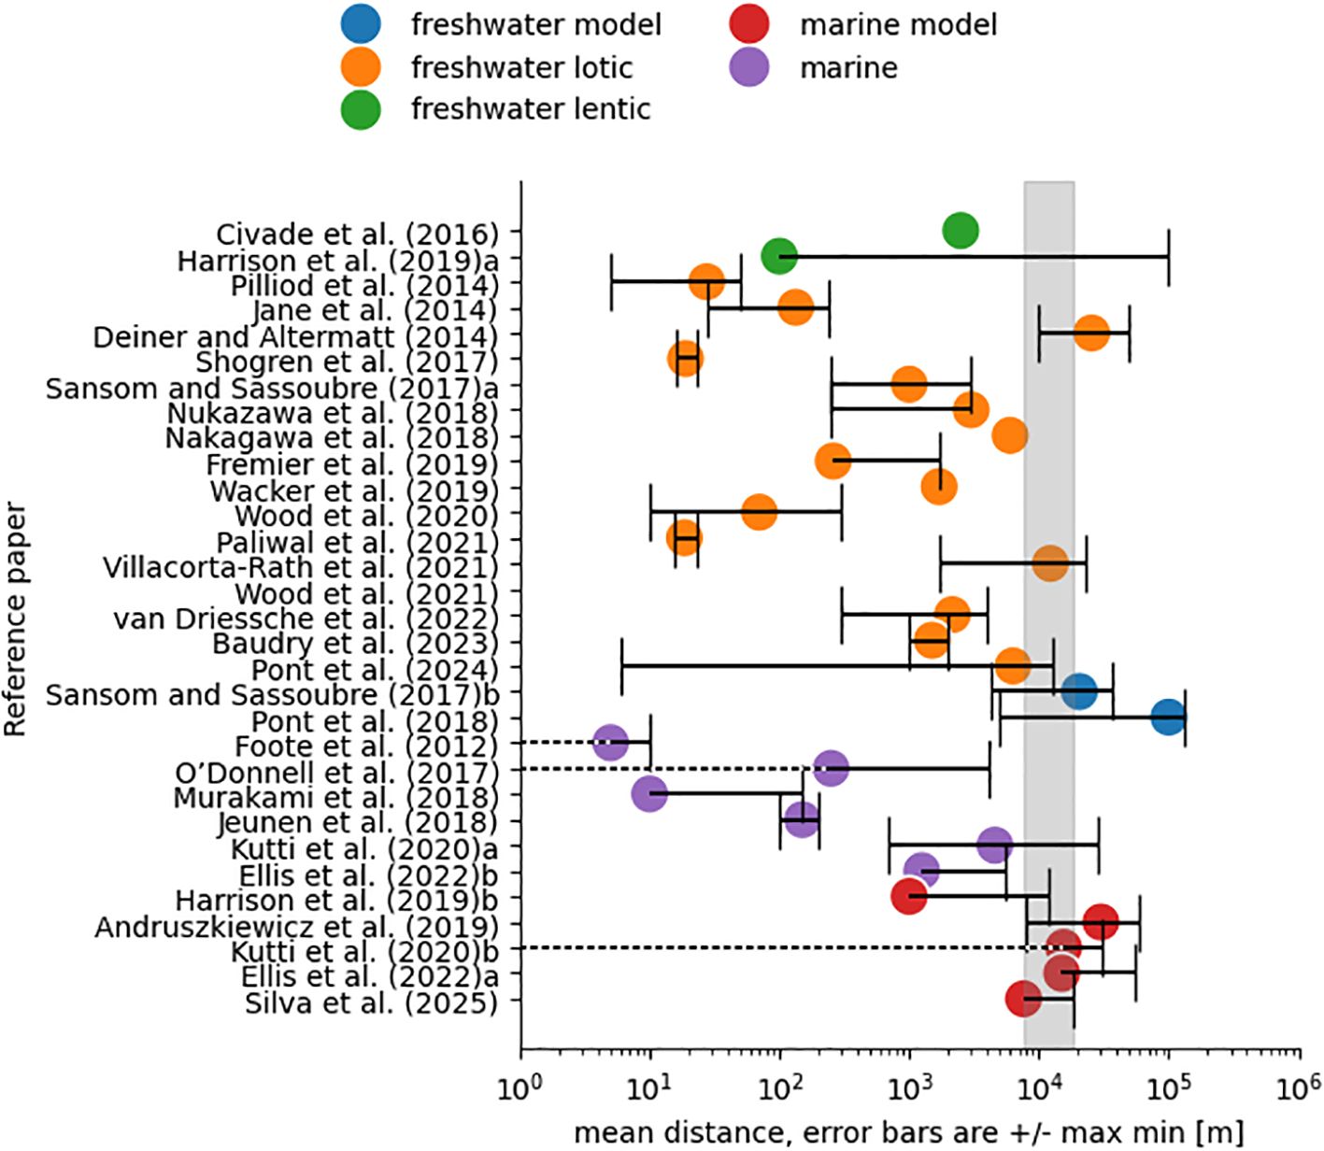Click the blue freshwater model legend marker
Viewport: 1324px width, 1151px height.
point(360,24)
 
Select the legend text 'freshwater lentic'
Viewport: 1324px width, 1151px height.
point(530,109)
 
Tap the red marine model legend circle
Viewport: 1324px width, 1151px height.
point(749,24)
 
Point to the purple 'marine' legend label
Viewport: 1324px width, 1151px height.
point(848,67)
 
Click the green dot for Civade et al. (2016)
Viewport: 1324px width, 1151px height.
point(961,230)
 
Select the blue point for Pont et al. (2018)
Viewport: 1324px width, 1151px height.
point(1168,718)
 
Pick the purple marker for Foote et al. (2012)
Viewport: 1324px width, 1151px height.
point(610,743)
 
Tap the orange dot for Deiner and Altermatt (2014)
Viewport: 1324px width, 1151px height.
point(1090,333)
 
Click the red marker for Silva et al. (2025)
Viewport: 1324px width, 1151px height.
point(1024,999)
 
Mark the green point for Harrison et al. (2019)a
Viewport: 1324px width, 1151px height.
point(778,255)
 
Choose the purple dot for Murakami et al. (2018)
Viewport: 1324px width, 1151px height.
point(649,794)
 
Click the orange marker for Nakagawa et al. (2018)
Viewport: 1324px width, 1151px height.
point(1010,434)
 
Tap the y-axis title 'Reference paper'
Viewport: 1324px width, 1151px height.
point(16,620)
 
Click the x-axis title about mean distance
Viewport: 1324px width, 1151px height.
point(908,1132)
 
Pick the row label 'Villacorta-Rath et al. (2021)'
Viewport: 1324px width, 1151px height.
point(300,567)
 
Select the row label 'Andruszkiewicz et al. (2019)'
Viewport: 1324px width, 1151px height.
point(296,927)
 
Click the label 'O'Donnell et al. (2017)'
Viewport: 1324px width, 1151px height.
point(336,773)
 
